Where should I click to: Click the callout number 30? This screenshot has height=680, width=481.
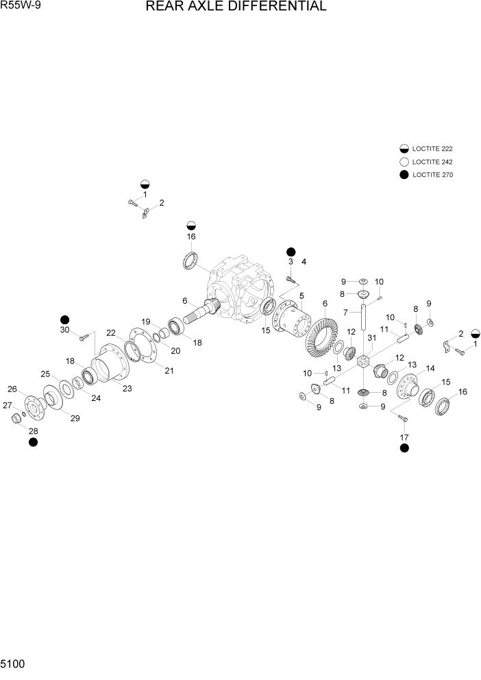tap(65, 330)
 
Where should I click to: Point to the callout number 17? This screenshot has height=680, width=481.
tap(404, 437)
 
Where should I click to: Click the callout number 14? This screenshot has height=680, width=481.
tap(430, 369)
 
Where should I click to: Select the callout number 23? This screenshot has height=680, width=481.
tap(127, 388)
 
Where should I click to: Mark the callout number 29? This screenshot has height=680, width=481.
tap(75, 418)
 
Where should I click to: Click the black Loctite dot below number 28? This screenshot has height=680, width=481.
tap(33, 443)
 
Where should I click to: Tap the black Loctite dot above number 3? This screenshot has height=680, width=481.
tap(291, 252)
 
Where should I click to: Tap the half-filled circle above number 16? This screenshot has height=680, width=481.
tap(191, 226)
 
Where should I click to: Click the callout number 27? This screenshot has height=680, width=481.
tap(8, 405)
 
